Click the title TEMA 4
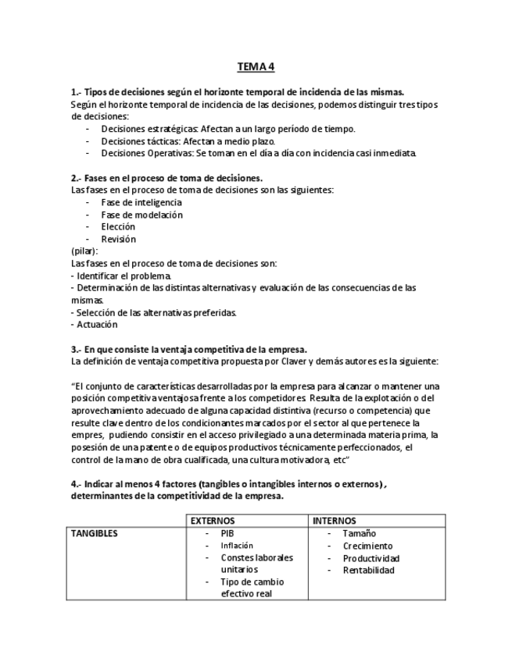coord(256,67)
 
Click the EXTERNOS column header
coord(213,521)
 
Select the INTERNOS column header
coord(334,521)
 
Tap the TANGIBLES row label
coord(95,534)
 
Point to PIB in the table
coord(227,534)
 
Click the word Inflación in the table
coord(237,546)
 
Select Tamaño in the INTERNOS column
coord(359,534)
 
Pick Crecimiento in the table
coord(367,546)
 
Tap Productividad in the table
coord(371,558)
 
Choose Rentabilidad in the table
coord(368,570)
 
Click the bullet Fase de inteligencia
coord(141,202)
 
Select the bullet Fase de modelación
coord(141,215)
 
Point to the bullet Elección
coord(118,227)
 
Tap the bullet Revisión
coord(118,239)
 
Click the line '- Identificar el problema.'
coord(121,276)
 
